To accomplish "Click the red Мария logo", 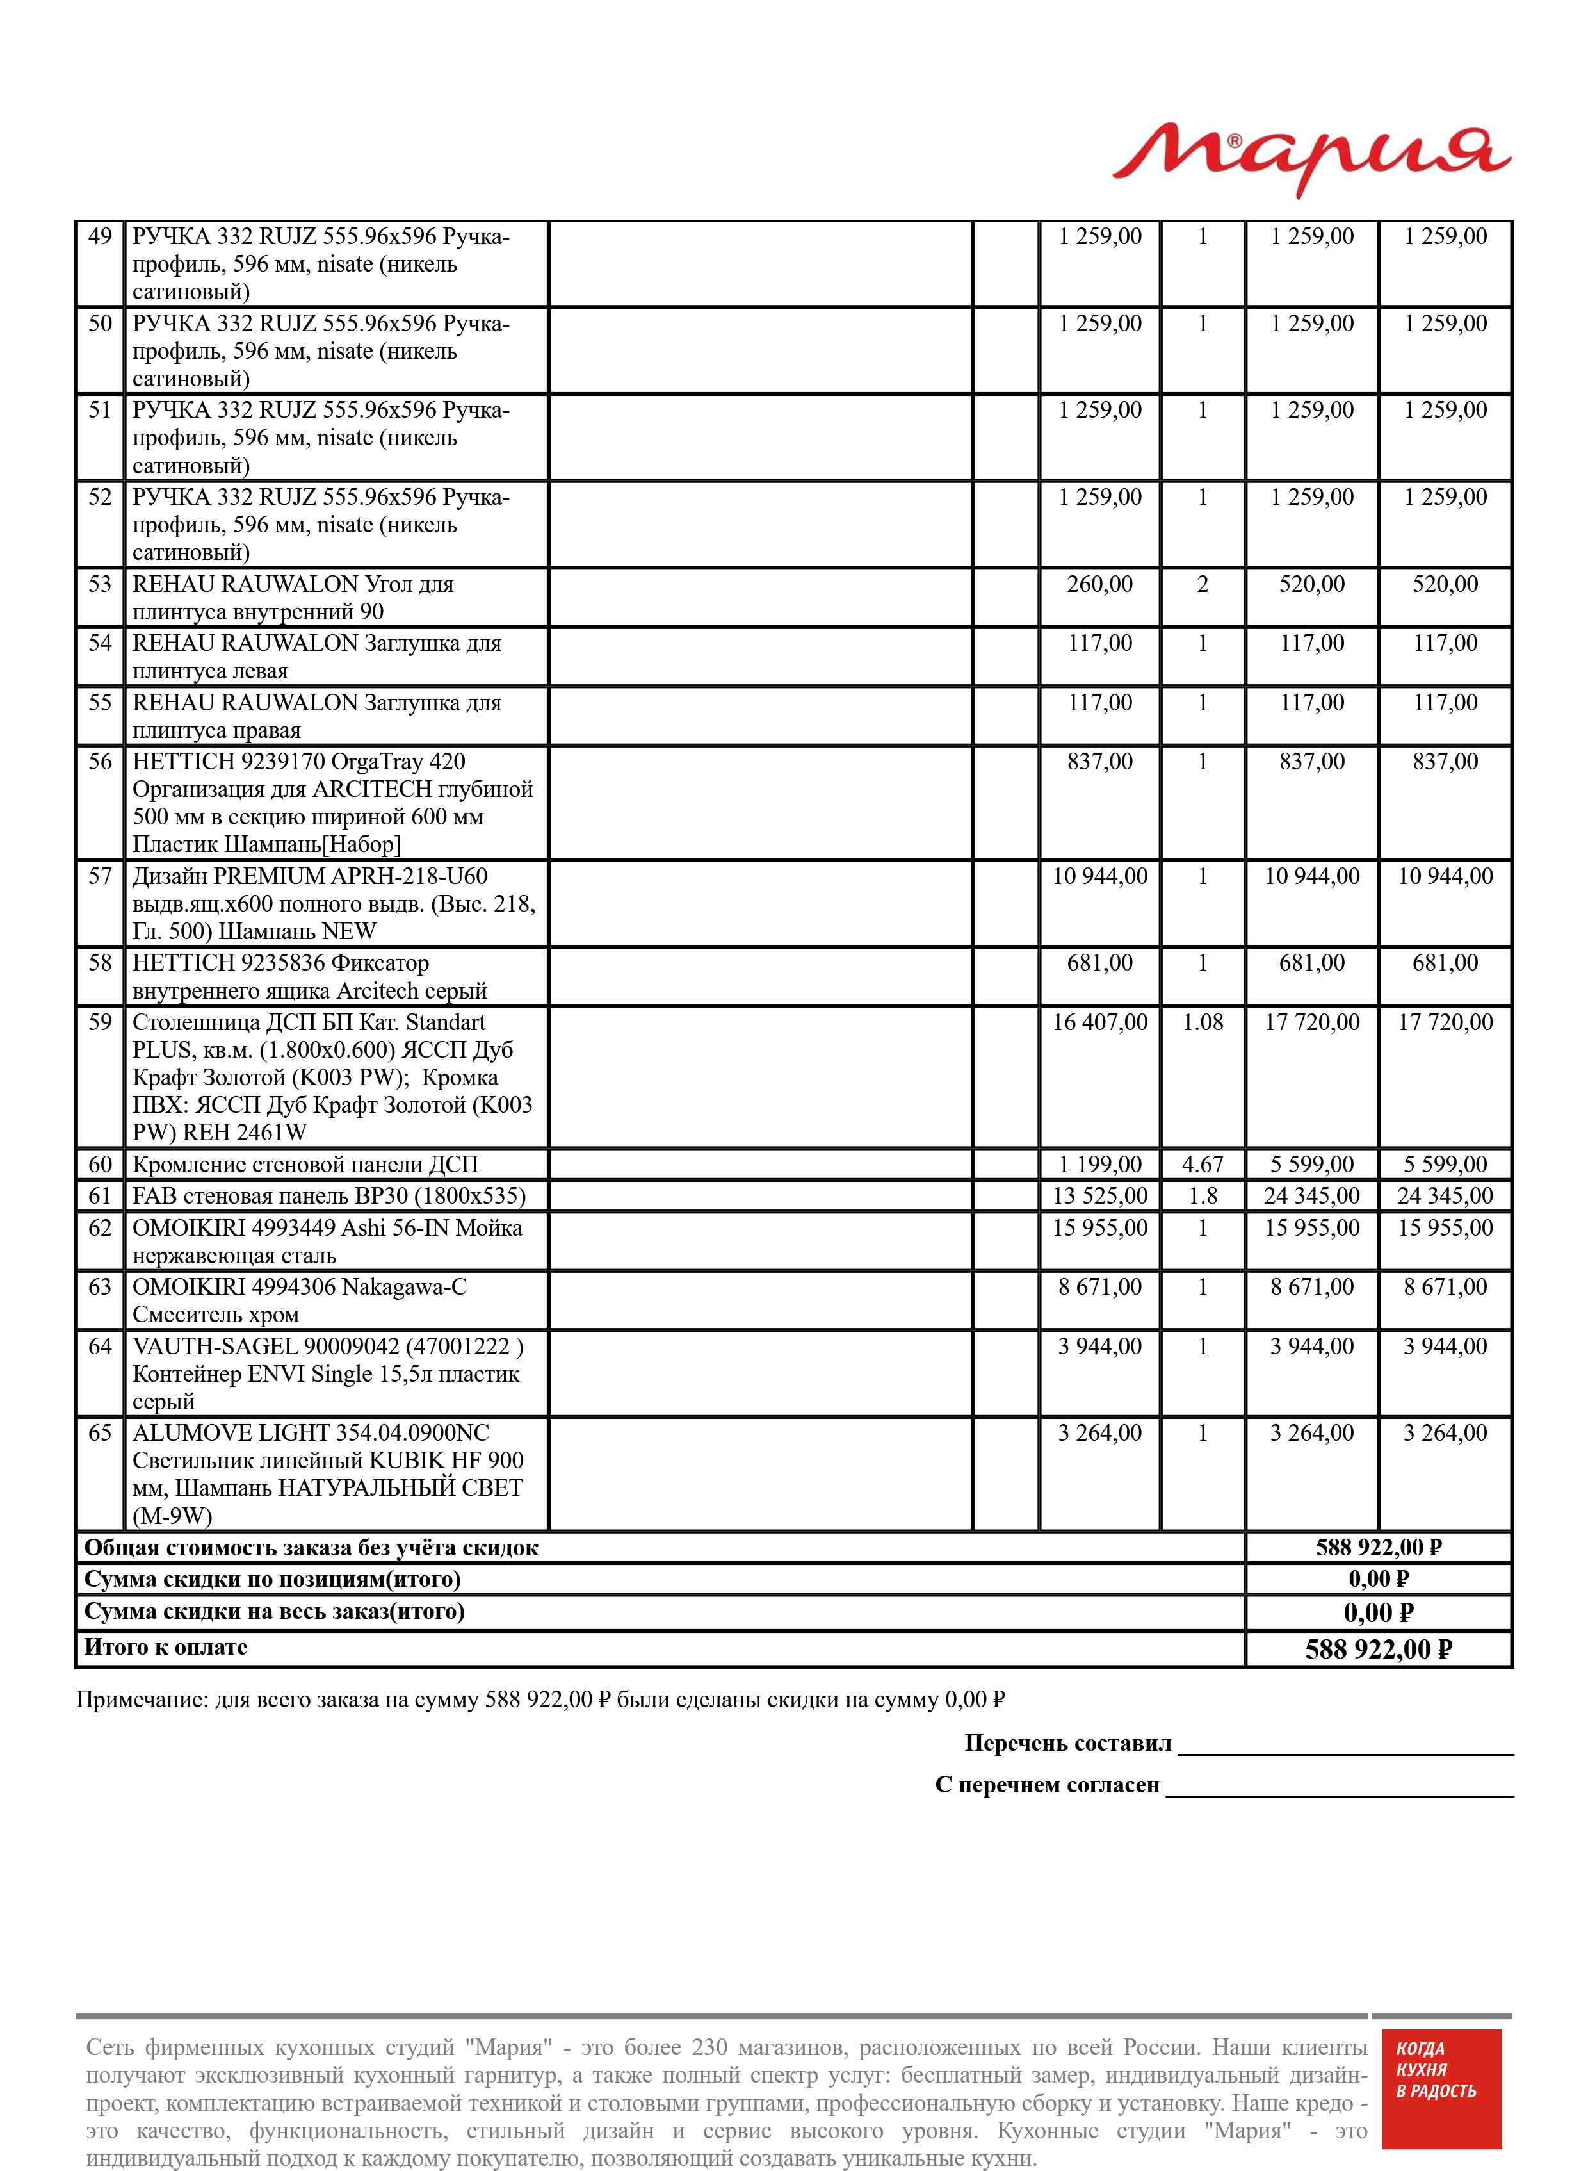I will point(1311,159).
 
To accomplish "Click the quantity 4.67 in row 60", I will point(1203,1165).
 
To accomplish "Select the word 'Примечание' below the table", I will point(140,1700).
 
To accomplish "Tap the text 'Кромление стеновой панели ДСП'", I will point(305,1165).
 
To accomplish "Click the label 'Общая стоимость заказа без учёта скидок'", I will point(311,1548).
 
